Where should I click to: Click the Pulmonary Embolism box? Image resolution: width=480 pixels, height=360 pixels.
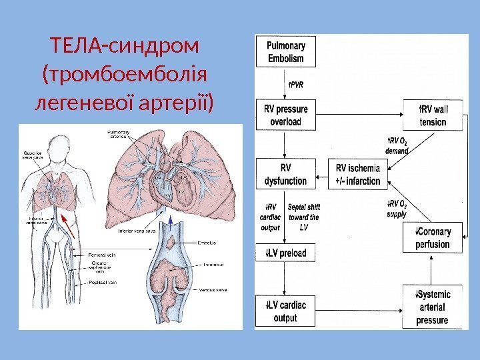tap(286, 52)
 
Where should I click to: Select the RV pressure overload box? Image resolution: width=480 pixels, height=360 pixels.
tap(286, 115)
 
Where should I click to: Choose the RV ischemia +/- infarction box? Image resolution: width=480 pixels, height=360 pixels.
tap(358, 174)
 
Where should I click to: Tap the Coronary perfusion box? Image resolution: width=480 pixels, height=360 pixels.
tap(433, 238)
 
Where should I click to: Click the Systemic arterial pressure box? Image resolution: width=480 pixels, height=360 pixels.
tap(432, 307)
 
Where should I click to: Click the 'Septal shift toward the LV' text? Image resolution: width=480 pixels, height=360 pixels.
tap(303, 217)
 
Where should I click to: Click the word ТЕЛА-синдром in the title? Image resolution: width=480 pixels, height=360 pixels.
tap(124, 47)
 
